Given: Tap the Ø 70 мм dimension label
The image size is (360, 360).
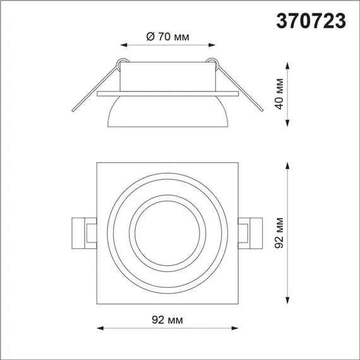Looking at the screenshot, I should pos(167,37).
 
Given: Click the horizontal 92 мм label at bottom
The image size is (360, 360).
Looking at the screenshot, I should pos(167,320).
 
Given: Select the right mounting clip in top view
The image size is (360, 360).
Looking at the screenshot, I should pos(251,231).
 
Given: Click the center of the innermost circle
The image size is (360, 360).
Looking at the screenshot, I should pos(167,232).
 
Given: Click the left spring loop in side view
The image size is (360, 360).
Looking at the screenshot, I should pos(122,62).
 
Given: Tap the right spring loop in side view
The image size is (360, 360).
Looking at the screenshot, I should pos(213,62).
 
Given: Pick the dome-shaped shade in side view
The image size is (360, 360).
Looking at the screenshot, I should pos(167,111).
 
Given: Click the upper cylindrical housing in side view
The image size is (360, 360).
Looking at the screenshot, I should pos(167,77).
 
